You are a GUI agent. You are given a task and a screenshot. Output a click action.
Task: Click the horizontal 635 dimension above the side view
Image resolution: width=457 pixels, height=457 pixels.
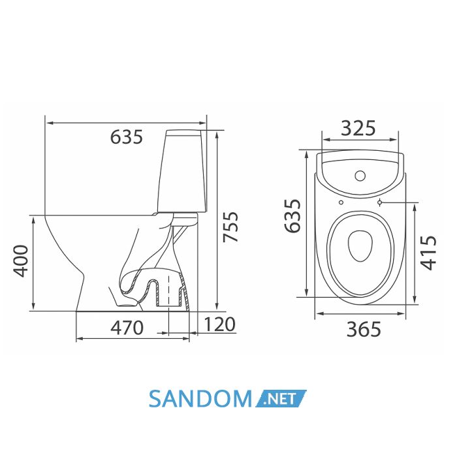[127, 136]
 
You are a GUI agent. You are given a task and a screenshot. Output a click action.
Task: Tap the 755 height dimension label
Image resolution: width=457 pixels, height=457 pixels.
[230, 227]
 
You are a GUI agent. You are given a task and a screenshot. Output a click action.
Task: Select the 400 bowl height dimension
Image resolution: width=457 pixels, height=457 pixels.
[21, 261]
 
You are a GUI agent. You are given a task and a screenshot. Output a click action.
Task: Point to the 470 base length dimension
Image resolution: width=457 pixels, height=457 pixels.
[127, 327]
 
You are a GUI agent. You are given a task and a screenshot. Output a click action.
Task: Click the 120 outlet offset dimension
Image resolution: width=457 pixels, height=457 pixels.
[219, 324]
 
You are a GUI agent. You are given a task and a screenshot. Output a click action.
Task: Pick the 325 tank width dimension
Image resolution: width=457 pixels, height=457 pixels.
[358, 128]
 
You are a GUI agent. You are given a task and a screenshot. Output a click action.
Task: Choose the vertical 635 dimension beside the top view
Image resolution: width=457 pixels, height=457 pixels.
[292, 216]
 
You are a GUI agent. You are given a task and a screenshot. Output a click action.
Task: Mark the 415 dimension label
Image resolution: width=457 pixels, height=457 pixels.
[428, 253]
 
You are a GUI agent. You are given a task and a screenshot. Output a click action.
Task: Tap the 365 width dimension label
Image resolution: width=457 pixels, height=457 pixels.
[364, 329]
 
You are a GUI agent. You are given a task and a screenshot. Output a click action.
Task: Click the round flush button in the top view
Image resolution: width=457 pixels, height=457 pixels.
[360, 176]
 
